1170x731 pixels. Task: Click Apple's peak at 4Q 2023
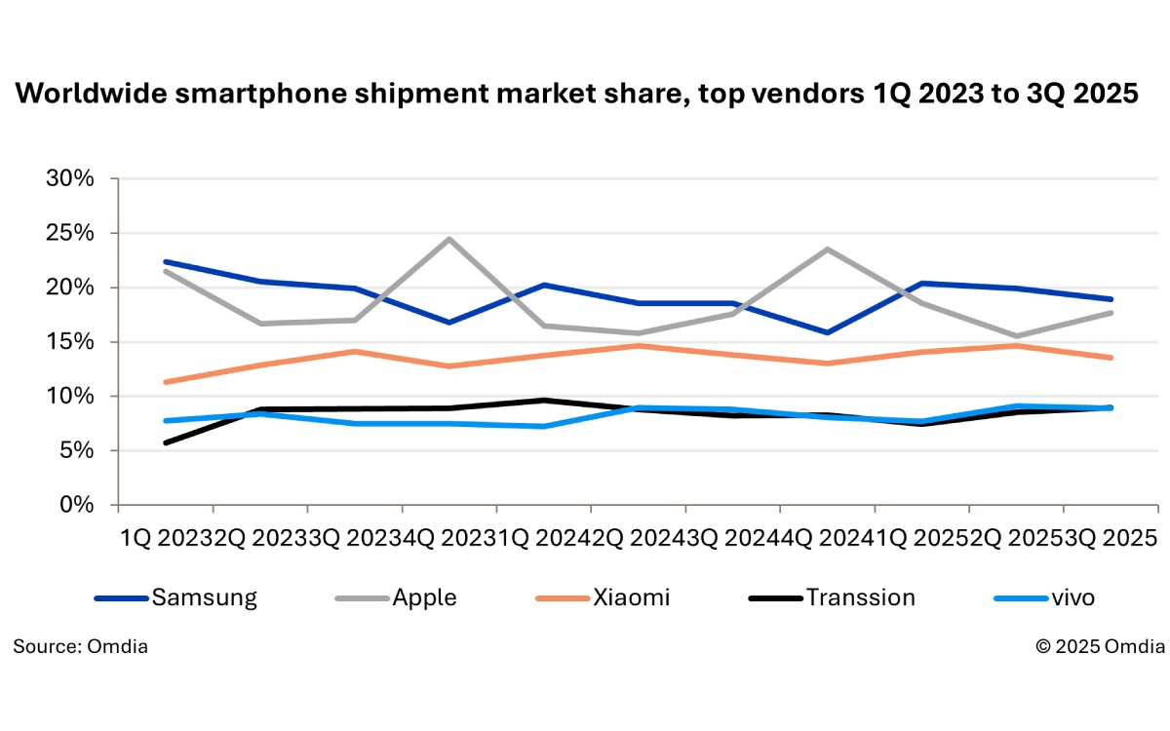448,239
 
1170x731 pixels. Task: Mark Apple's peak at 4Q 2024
828,249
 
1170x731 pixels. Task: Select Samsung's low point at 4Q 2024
828,332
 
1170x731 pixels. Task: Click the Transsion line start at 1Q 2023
166,442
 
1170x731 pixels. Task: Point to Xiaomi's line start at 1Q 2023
166,382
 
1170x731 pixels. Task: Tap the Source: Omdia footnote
81,645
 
